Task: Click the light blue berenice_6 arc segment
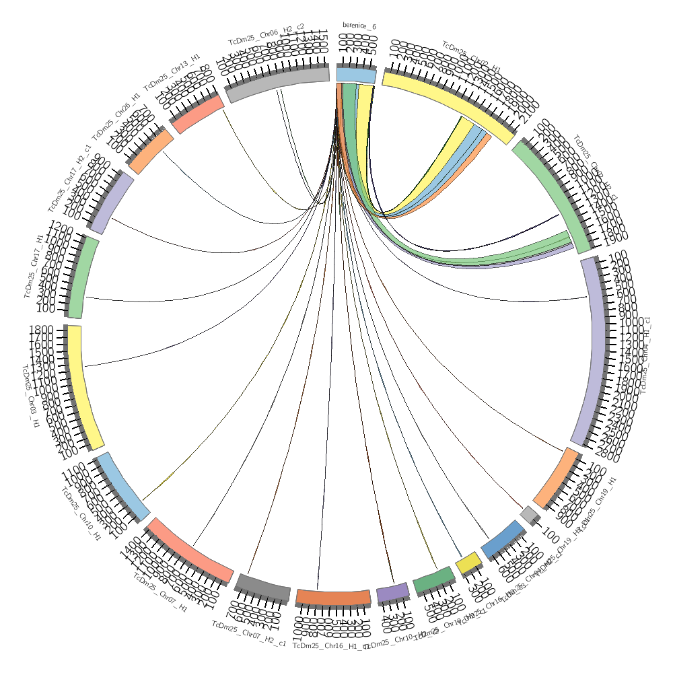[x=356, y=75]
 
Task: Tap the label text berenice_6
[x=359, y=26]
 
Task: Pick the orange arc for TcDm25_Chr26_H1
[x=151, y=151]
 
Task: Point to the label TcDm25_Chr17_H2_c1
[x=68, y=178]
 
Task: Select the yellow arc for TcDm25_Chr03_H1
[x=86, y=387]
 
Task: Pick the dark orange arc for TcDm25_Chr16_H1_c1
[x=333, y=596]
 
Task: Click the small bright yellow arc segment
[x=468, y=563]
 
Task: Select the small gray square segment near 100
[x=530, y=514]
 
